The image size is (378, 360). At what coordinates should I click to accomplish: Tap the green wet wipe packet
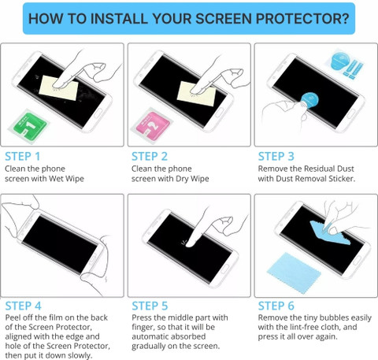pos(28,126)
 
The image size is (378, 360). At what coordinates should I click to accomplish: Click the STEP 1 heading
pos(23,157)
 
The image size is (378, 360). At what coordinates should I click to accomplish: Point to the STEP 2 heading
pos(150,157)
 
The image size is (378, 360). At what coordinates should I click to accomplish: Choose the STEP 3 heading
pos(276,157)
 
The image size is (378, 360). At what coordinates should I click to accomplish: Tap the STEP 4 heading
pos(23,306)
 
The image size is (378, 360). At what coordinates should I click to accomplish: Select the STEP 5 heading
pos(150,306)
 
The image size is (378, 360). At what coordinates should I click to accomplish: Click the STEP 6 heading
pos(276,306)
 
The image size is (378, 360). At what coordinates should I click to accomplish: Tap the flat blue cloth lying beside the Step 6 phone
pos(294,269)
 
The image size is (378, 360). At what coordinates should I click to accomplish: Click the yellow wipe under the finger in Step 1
pos(59,87)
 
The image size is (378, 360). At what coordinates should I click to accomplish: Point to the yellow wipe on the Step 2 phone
pos(197,94)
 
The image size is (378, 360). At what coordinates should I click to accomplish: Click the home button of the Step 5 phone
pos(224,269)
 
